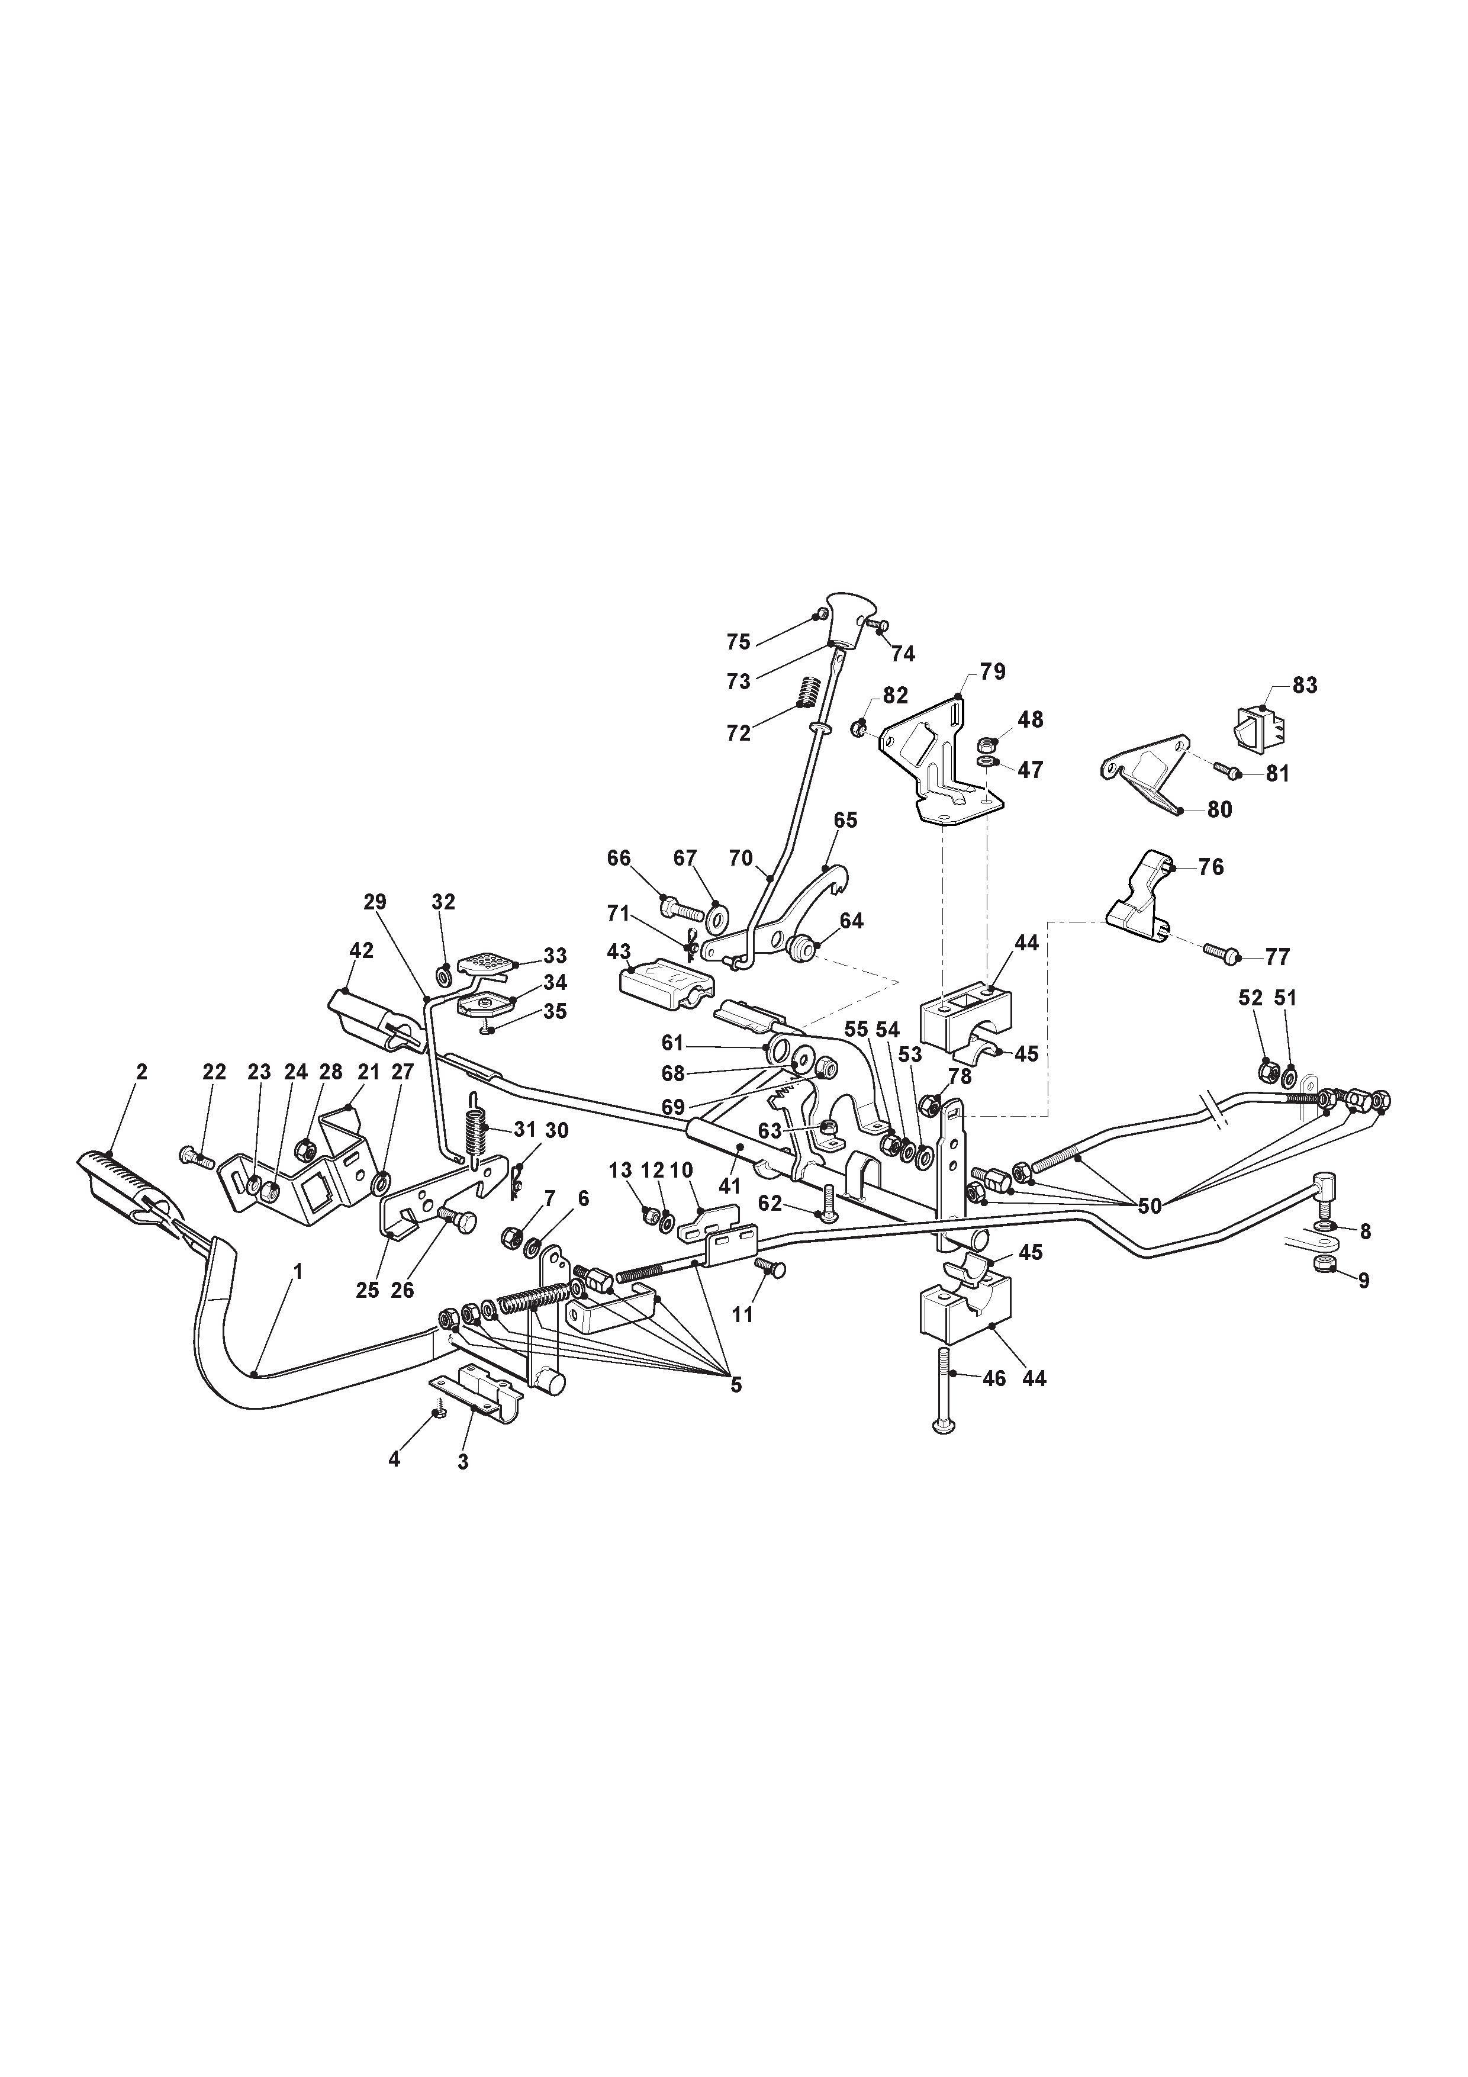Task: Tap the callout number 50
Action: click(1150, 1206)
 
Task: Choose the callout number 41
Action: click(729, 1185)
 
